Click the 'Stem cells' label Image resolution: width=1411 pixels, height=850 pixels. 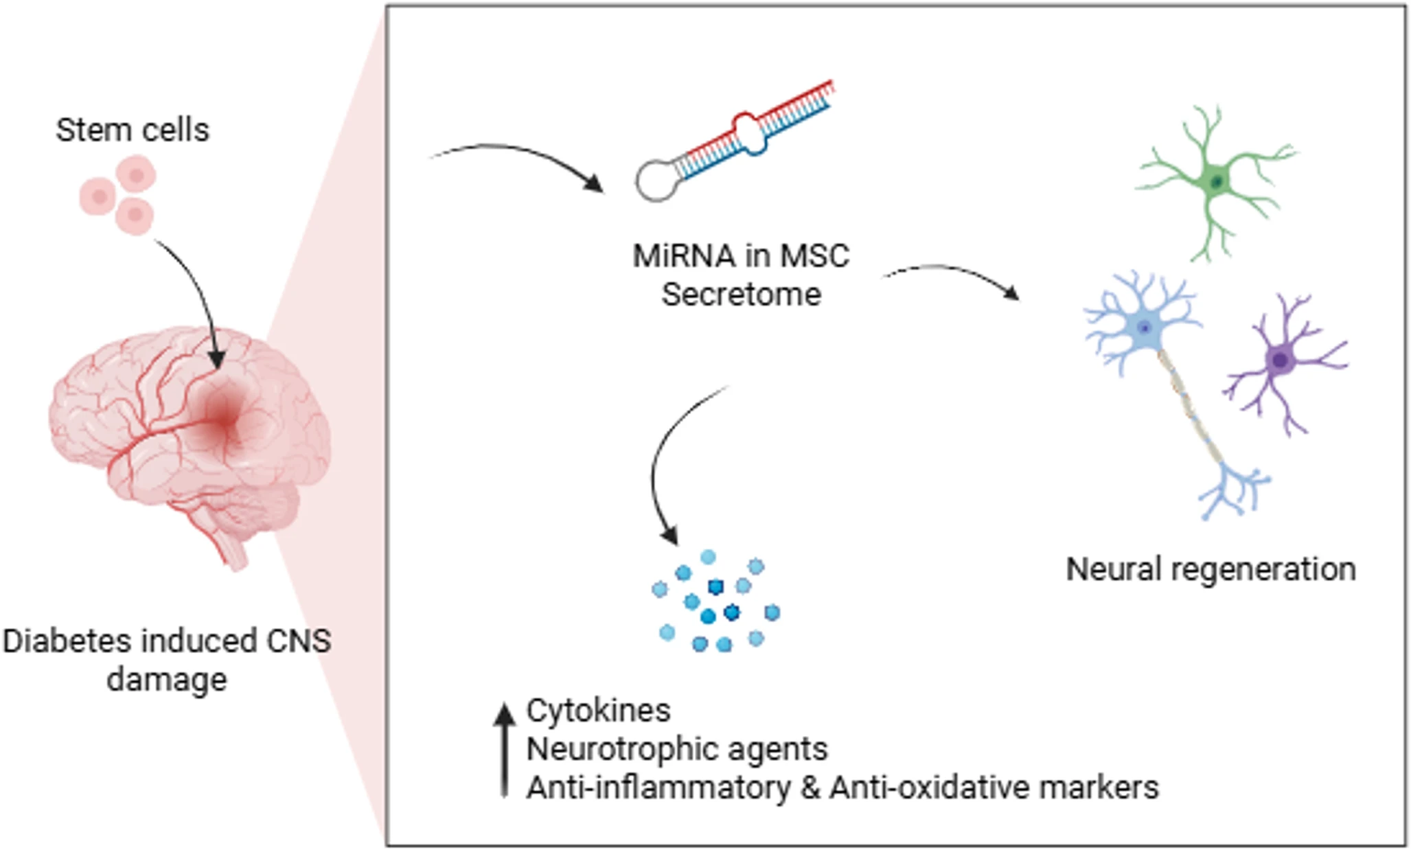pos(133,130)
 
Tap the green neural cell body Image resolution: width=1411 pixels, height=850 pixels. pos(1216,182)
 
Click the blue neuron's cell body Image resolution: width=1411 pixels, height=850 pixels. pos(1144,328)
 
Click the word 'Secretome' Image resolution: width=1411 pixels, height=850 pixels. pos(741,295)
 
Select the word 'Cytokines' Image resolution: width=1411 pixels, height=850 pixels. pos(598,711)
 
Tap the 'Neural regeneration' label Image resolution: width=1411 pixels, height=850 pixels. pos(1211,570)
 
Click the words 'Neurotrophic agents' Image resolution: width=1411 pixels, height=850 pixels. pos(677,749)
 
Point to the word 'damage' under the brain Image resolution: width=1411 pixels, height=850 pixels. pos(167,680)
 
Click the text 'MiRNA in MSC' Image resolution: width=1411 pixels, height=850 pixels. pos(741,256)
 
